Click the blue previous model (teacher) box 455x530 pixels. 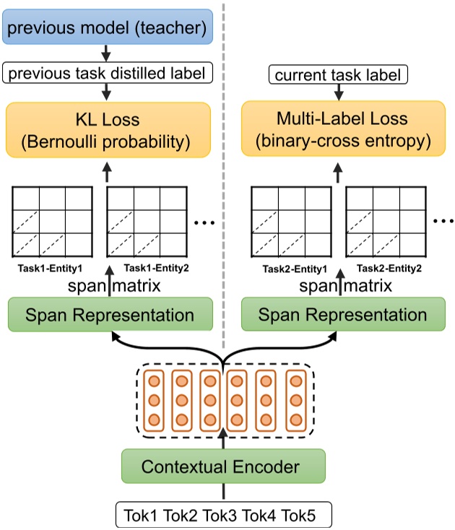coord(108,29)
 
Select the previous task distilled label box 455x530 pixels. coord(108,73)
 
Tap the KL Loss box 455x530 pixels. coord(108,130)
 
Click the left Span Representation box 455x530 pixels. coord(110,316)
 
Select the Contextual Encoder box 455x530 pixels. coord(220,466)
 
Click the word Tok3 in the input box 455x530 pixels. coord(220,516)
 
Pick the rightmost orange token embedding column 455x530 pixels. coord(295,401)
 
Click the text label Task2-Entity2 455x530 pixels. coord(383,268)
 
